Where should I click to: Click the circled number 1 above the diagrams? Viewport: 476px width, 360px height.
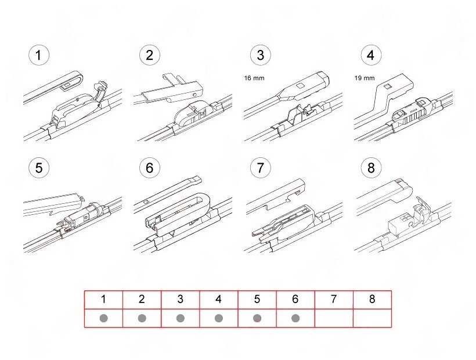click(x=38, y=55)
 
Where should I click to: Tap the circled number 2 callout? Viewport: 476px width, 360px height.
click(x=150, y=55)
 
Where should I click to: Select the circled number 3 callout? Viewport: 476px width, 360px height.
click(x=261, y=55)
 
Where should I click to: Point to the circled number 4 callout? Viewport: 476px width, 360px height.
click(x=371, y=55)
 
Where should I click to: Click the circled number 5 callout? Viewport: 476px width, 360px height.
click(x=38, y=168)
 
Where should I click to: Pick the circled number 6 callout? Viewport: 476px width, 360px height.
click(x=150, y=168)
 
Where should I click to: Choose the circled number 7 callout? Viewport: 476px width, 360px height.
click(x=261, y=168)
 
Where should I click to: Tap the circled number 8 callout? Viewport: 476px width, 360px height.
click(x=371, y=168)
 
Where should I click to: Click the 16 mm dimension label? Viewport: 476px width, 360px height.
click(x=254, y=78)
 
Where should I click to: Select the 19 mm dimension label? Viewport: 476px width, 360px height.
click(x=365, y=78)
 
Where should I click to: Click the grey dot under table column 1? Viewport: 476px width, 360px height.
click(x=103, y=318)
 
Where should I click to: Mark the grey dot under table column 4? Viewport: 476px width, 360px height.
click(x=219, y=318)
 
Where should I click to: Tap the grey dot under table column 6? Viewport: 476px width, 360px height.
click(x=295, y=318)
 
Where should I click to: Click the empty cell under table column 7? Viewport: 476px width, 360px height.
click(x=334, y=318)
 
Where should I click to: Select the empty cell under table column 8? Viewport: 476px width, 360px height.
click(x=372, y=318)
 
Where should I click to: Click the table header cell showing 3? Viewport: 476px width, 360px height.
click(x=181, y=300)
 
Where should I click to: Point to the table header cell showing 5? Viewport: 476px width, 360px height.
click(x=257, y=300)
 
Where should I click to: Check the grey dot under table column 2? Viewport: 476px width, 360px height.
click(x=142, y=318)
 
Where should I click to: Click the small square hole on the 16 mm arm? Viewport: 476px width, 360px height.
click(x=301, y=86)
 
